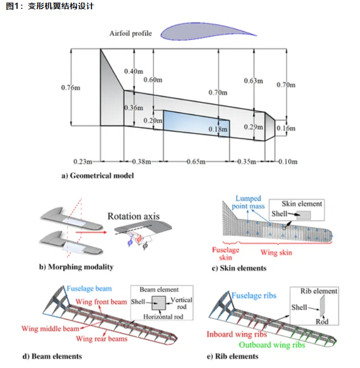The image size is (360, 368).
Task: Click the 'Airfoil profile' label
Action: click(x=131, y=34)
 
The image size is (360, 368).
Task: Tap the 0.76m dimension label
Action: click(x=71, y=87)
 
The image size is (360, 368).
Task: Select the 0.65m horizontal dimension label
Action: click(x=195, y=162)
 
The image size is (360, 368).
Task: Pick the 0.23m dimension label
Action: click(x=83, y=162)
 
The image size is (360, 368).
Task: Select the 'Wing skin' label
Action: click(x=276, y=253)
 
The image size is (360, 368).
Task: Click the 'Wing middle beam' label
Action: click(x=50, y=328)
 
